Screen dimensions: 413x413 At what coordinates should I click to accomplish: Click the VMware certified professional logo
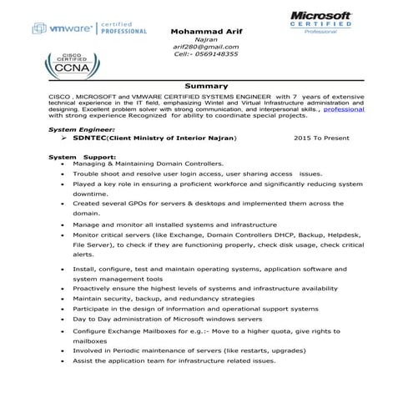coord(88,29)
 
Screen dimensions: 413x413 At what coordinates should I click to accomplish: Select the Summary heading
coord(206,86)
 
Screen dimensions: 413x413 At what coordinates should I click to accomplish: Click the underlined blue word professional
coord(344,109)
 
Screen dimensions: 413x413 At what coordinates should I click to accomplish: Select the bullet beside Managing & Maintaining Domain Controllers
coord(63,164)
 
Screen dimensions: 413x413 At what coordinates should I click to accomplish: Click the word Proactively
coord(95,288)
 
